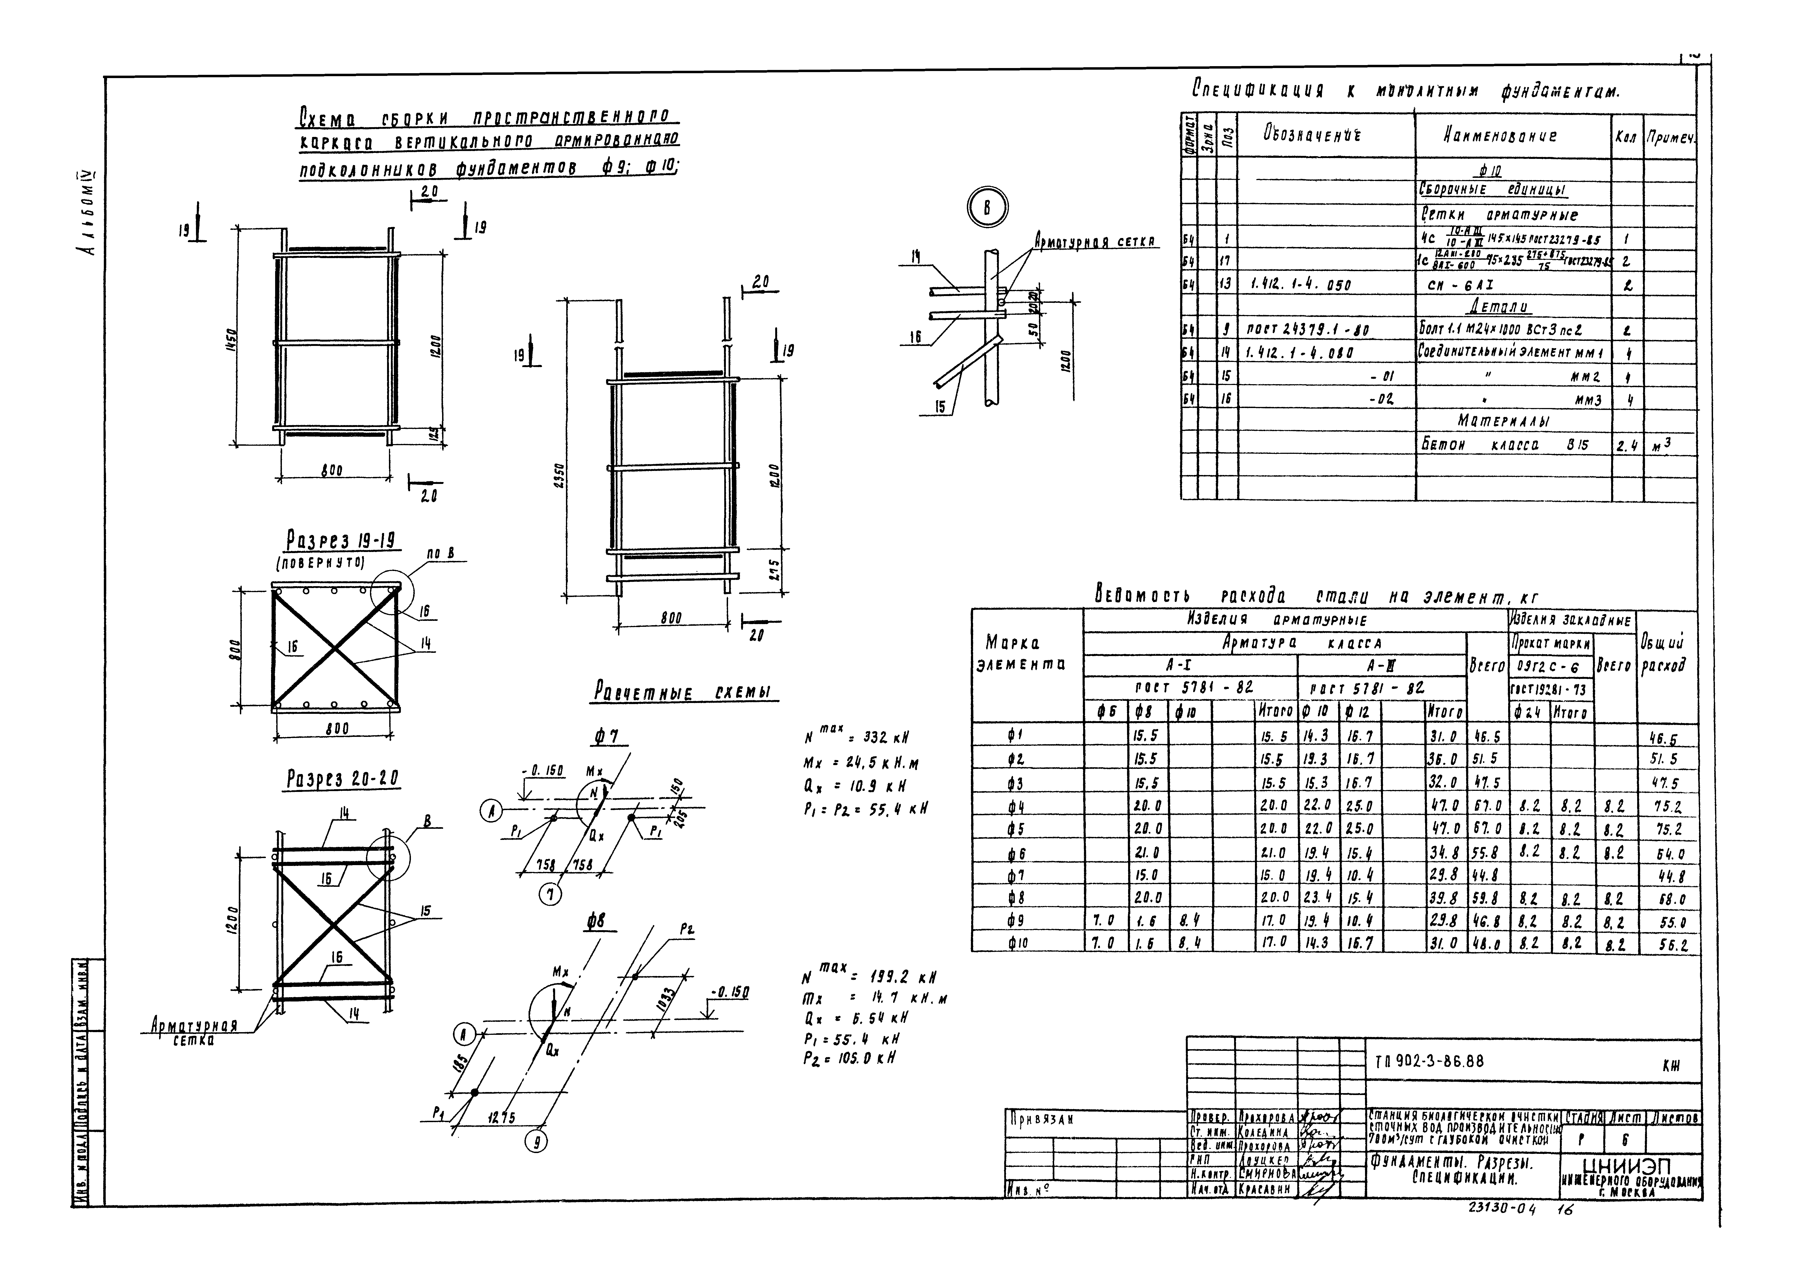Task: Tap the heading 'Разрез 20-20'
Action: point(342,779)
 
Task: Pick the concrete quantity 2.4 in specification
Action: point(1627,446)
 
